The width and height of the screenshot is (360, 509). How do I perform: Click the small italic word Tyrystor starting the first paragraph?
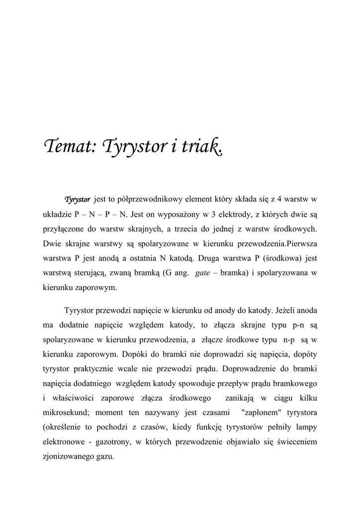click(x=77, y=200)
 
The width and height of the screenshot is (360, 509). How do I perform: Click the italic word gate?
click(x=202, y=273)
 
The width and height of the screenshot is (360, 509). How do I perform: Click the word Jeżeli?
click(x=289, y=311)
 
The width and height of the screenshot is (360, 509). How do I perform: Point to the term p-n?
click(x=297, y=326)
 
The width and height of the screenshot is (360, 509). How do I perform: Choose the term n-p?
click(x=288, y=340)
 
